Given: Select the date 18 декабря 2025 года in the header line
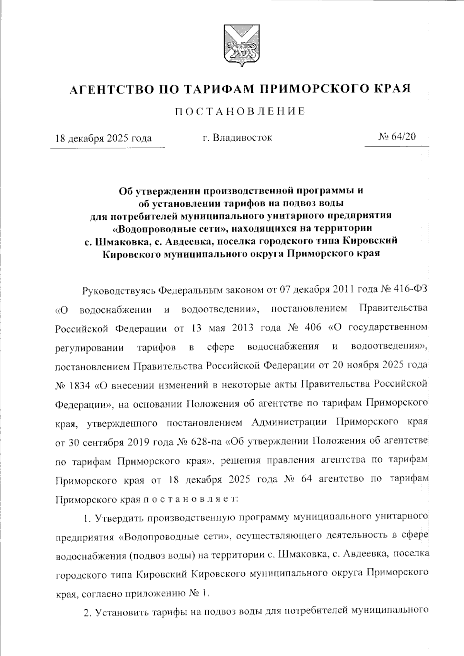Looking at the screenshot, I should coord(103,138).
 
